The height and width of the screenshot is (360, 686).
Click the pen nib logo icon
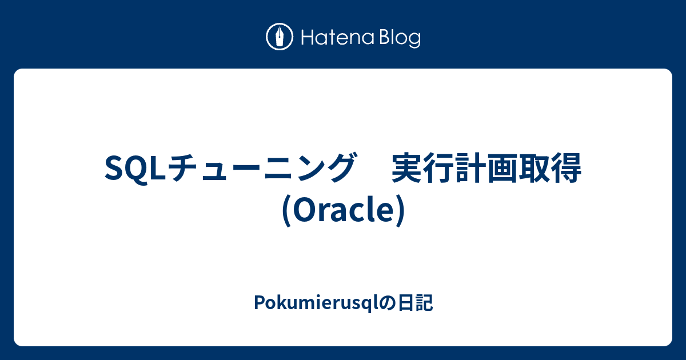[280, 37]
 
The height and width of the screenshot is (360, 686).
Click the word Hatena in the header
[338, 37]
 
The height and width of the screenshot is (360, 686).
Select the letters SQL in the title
[135, 168]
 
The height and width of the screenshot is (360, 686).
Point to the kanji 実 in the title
[407, 168]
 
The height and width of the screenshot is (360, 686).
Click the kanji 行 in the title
[439, 168]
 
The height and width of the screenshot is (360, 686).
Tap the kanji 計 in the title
[470, 168]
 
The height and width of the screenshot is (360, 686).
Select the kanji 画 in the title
[502, 168]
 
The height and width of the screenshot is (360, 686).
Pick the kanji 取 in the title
[535, 168]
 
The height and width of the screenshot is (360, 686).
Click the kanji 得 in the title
[567, 168]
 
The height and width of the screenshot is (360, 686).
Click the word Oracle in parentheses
[343, 209]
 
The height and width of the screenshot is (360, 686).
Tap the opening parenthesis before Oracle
[286, 211]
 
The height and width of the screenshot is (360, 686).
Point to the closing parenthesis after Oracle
[400, 211]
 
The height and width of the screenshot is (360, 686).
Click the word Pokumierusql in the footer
[316, 303]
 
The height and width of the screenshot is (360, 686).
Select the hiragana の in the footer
[388, 303]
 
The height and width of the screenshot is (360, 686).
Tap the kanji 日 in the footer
[406, 303]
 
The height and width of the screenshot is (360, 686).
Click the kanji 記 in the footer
[424, 303]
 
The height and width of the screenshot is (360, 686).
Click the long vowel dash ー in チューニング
[247, 169]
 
